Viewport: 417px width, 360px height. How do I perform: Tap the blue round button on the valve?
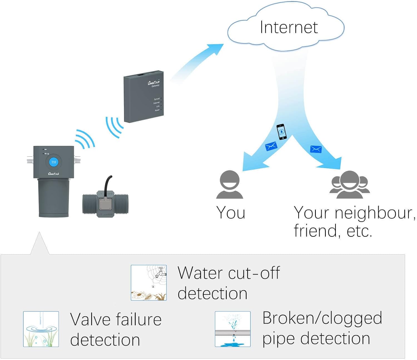[x=53, y=162]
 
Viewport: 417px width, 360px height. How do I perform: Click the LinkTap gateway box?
[x=143, y=97]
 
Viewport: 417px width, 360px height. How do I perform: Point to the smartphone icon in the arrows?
[x=281, y=132]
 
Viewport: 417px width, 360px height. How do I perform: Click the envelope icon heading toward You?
[x=271, y=146]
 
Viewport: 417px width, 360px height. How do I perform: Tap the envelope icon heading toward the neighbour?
[x=316, y=149]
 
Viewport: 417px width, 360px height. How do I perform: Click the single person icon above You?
[x=230, y=184]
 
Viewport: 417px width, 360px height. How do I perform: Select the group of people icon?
[x=349, y=184]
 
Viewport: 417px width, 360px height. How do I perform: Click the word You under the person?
[x=230, y=213]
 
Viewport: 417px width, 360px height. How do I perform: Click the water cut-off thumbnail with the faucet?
[x=149, y=282]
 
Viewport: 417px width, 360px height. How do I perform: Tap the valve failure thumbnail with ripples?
[x=41, y=329]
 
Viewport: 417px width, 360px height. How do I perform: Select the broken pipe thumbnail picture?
[x=233, y=329]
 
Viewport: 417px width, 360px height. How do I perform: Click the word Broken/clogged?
[x=322, y=318]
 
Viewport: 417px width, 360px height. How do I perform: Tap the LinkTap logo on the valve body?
[x=53, y=174]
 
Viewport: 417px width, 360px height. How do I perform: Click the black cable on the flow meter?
[x=107, y=182]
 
